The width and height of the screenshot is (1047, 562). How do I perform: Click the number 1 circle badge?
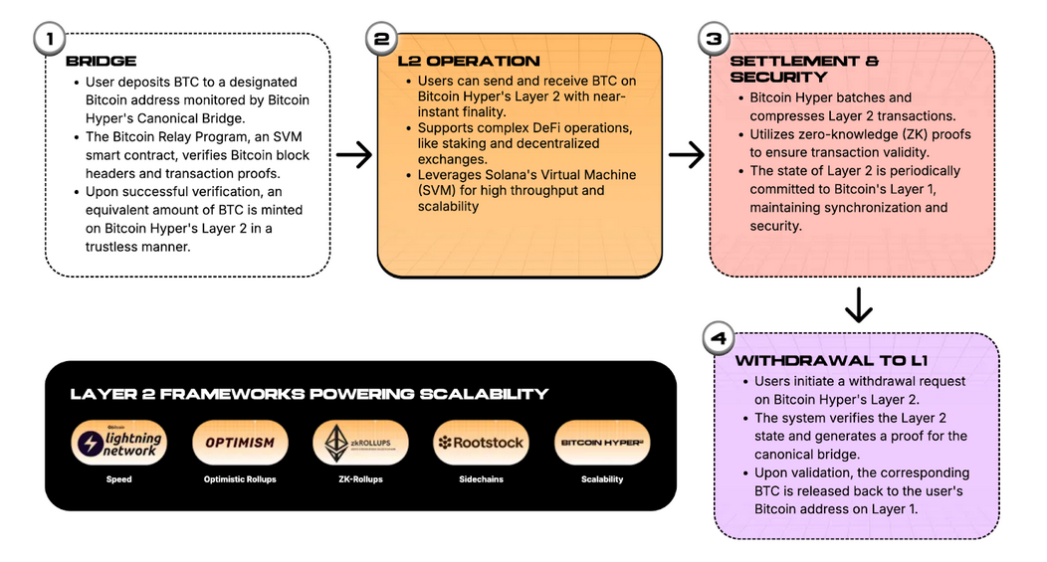click(48, 40)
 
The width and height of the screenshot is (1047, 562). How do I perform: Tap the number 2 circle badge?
click(381, 40)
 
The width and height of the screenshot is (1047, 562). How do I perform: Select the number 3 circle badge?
click(714, 40)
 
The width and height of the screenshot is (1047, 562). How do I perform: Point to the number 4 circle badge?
click(718, 337)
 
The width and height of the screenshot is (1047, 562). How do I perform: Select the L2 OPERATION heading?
click(468, 61)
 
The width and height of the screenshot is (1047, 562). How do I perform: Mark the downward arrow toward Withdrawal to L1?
click(858, 305)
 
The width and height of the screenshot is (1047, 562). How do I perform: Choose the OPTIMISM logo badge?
click(240, 443)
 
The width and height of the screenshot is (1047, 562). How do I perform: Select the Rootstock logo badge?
click(481, 443)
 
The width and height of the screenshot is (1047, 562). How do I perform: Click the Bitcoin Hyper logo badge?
click(601, 443)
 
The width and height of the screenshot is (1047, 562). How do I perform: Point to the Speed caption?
click(119, 479)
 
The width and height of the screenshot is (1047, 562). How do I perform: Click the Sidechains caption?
click(481, 479)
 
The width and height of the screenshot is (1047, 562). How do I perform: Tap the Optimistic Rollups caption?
click(240, 479)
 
